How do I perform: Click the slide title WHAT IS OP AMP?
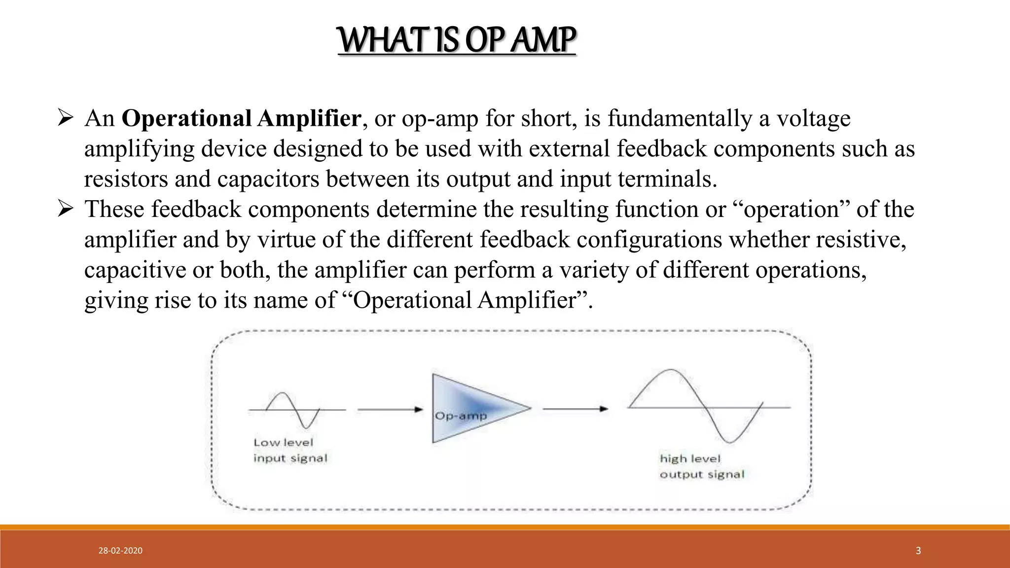click(x=457, y=40)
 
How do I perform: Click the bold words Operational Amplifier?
click(x=241, y=119)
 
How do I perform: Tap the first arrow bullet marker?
click(x=65, y=119)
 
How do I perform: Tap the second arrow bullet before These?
click(x=65, y=210)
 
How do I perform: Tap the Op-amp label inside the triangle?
click(x=461, y=416)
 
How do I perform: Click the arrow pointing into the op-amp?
click(x=390, y=409)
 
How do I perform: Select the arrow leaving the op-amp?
click(x=575, y=409)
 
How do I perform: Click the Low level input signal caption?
click(x=290, y=450)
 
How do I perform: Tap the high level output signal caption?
click(x=702, y=466)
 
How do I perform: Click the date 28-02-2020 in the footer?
click(x=120, y=551)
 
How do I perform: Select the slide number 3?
click(x=918, y=551)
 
